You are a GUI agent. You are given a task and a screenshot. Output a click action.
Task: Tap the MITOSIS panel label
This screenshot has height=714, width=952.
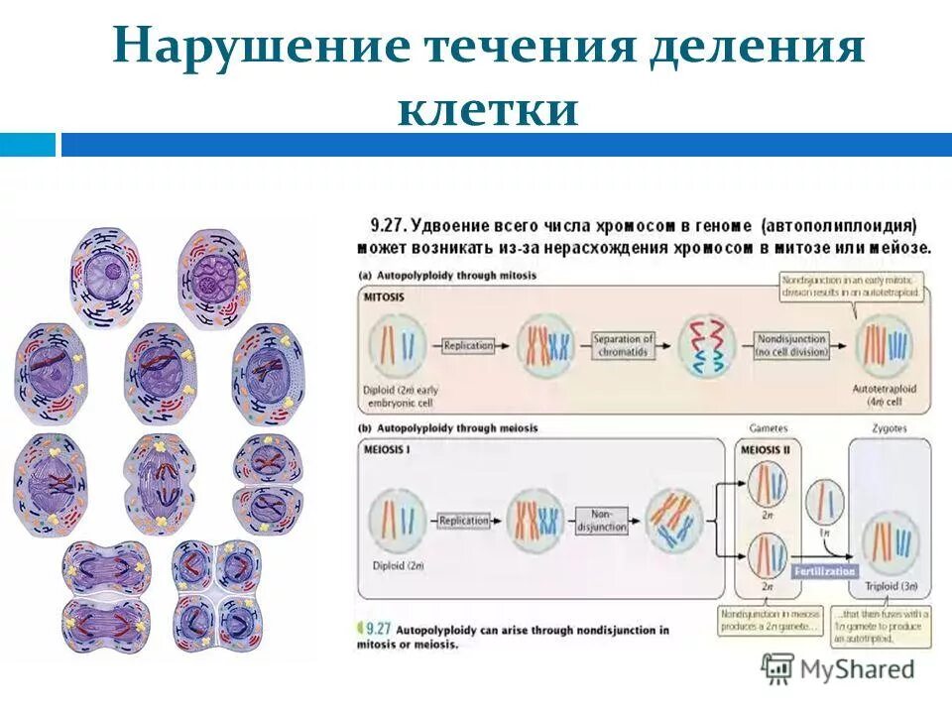(388, 296)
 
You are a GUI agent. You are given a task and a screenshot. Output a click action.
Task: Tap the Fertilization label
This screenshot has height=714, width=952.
(824, 571)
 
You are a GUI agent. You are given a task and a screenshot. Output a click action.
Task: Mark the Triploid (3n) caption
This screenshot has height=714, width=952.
(889, 587)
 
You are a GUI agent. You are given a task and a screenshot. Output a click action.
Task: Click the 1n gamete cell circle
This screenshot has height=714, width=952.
(823, 502)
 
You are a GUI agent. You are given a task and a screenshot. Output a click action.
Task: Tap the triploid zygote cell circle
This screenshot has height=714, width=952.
(890, 541)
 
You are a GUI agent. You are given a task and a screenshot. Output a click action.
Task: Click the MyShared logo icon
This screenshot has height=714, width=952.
(777, 668)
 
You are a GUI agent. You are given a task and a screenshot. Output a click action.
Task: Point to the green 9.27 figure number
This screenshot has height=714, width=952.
(378, 629)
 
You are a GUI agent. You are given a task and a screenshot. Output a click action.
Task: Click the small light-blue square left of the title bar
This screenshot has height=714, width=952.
(28, 145)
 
